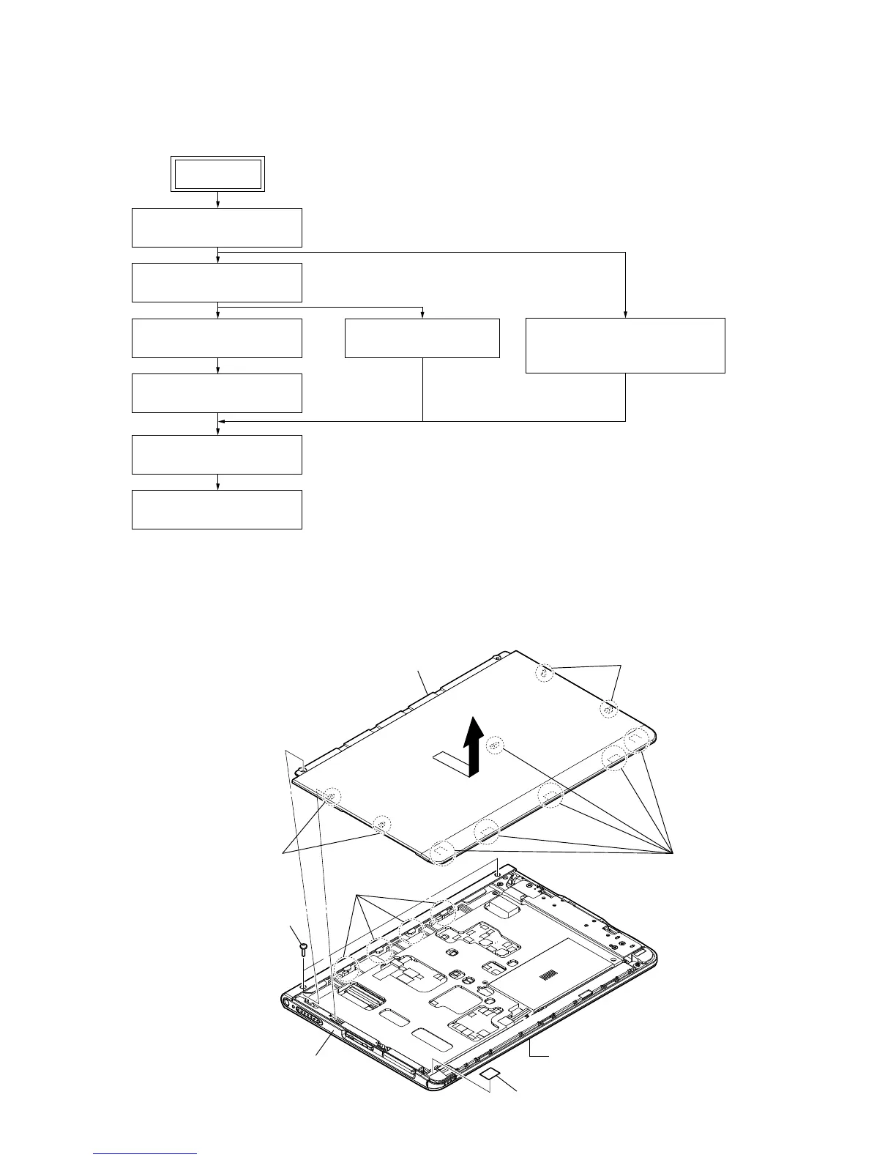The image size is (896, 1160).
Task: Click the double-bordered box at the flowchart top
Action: [217, 174]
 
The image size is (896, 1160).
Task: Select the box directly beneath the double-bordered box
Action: [217, 228]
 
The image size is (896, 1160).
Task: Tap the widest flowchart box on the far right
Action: [625, 346]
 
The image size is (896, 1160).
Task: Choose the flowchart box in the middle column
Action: [422, 338]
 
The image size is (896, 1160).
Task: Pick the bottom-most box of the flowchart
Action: [217, 510]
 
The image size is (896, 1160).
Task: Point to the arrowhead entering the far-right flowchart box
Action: [625, 314]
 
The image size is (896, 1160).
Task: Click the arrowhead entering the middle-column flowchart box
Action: [422, 315]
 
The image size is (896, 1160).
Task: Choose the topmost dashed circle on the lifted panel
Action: [543, 672]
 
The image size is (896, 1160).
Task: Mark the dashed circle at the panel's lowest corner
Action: [442, 852]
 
